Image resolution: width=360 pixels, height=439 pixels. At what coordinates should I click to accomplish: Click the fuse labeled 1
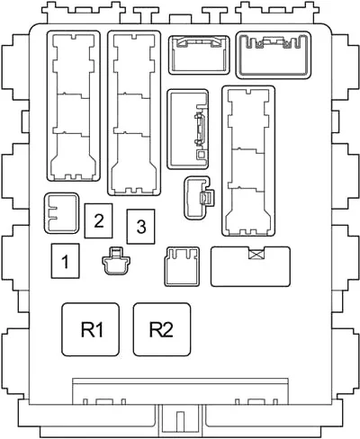pos(65,261)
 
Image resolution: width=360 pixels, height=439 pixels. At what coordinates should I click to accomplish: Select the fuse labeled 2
pos(98,220)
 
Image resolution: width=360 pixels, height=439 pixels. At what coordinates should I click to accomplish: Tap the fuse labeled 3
pos(140,227)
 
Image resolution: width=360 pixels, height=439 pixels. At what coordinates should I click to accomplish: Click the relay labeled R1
pos(90,329)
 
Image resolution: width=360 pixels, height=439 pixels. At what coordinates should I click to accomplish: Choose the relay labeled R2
pos(162,329)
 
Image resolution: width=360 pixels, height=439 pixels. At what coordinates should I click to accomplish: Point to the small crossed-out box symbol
pos(257,255)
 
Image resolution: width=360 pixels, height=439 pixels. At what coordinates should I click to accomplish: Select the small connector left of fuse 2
pos(61,213)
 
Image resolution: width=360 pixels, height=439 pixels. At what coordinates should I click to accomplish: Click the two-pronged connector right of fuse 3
pos(182,266)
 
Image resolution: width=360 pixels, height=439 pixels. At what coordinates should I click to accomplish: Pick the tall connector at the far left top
pos(74,106)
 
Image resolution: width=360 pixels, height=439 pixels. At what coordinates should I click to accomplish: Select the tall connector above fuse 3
pos(134,112)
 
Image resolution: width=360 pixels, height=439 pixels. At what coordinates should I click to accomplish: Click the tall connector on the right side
pos(248,161)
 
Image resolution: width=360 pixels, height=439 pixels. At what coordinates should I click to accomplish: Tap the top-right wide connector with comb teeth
pos(274,55)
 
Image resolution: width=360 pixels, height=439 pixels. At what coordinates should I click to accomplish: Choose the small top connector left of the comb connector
pos(199,55)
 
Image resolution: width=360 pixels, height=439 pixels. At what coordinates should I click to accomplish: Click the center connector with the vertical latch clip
pos(188,129)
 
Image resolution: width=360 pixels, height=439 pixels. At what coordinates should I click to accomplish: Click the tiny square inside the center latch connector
pos(201,155)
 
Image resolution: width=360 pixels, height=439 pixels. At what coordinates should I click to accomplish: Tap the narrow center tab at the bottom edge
pos(180,422)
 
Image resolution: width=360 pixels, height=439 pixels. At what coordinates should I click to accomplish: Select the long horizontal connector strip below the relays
pos(180,391)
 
